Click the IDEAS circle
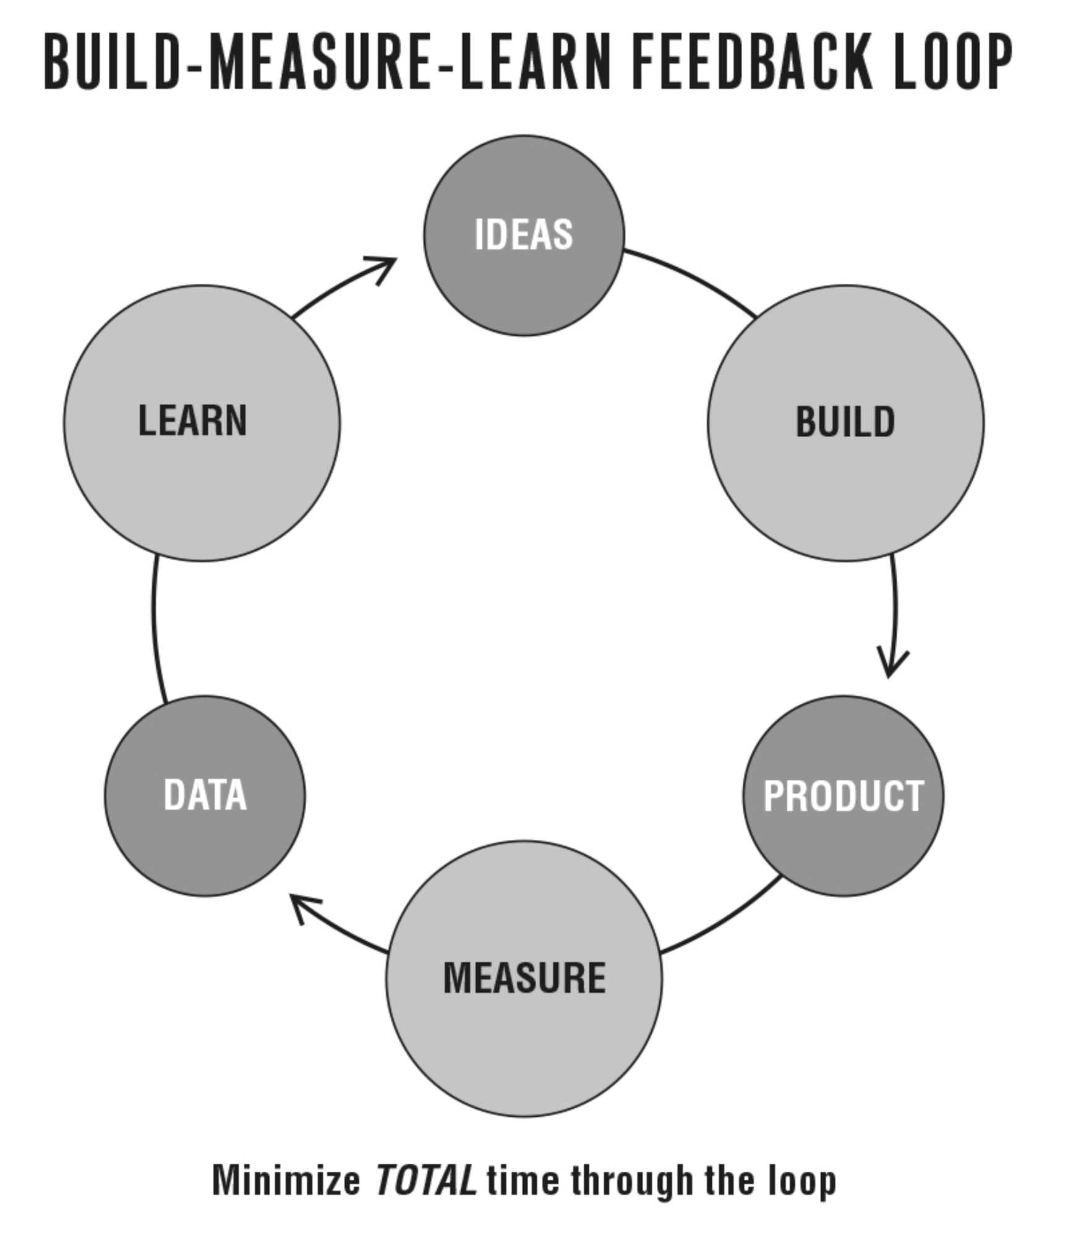click(524, 236)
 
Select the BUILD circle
click(845, 423)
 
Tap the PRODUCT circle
click(844, 795)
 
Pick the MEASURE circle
click(524, 978)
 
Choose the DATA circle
click(205, 795)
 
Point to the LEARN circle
click(202, 423)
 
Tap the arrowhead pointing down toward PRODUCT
click(891, 665)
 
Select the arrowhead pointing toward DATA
click(302, 905)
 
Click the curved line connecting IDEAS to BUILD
click(693, 278)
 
